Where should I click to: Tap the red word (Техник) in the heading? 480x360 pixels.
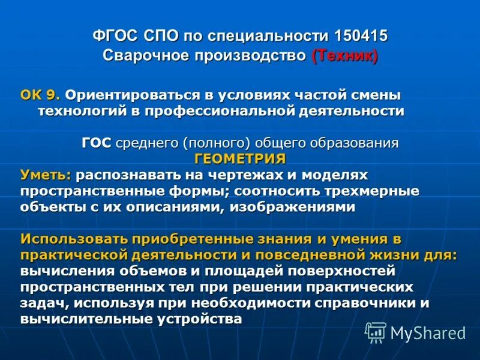click(344, 56)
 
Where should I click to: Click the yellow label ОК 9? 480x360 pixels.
click(40, 95)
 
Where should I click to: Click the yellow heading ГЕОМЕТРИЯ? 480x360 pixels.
click(240, 158)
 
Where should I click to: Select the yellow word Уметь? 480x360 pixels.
click(46, 175)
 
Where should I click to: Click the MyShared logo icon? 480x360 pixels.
click(376, 332)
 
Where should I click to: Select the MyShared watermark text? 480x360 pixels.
click(428, 332)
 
